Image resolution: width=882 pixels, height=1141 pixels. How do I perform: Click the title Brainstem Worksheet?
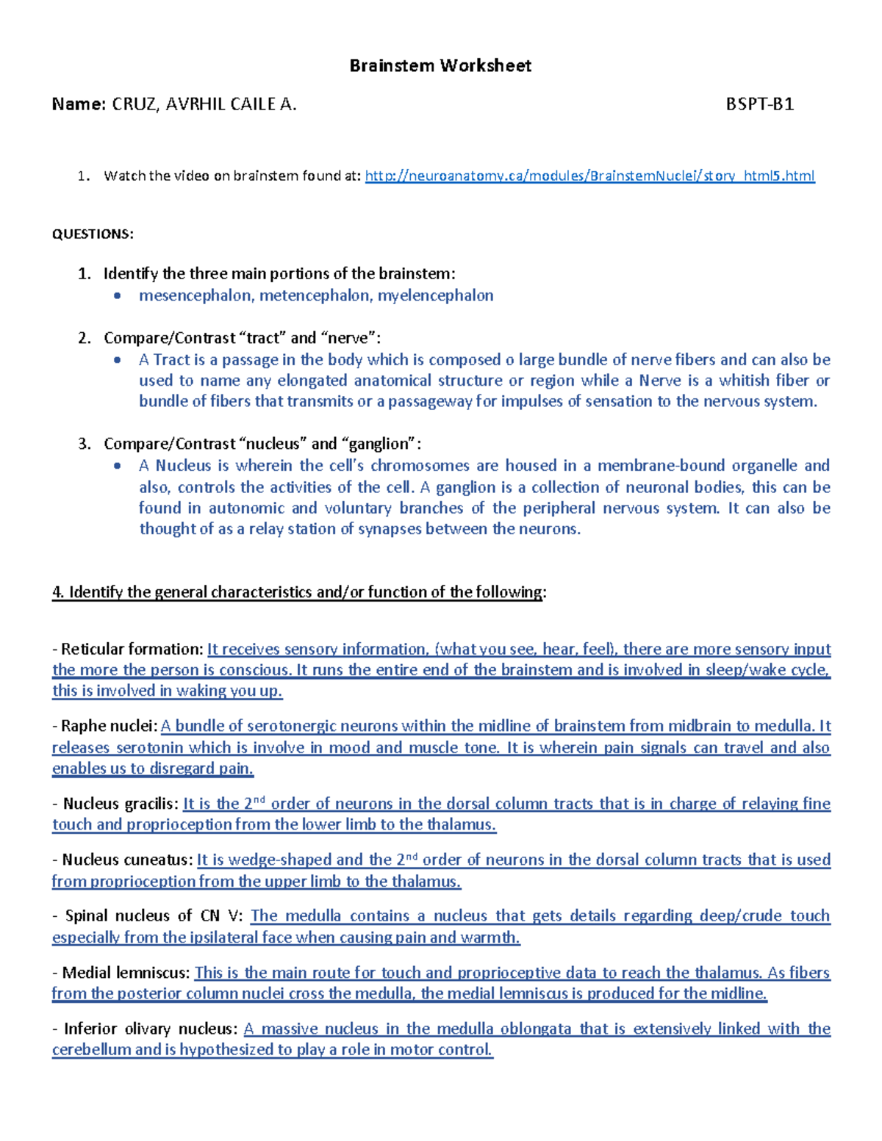point(440,66)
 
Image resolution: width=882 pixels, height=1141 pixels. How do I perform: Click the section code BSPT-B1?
point(759,104)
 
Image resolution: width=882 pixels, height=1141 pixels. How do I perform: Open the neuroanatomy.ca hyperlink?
point(589,176)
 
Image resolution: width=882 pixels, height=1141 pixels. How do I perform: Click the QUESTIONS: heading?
point(93,234)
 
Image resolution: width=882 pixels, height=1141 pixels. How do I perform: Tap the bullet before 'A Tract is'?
point(118,360)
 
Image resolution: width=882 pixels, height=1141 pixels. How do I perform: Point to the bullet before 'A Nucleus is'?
point(118,466)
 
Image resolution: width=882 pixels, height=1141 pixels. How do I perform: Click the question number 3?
point(84,444)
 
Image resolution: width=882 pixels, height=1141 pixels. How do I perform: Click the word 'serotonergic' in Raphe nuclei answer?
point(296,727)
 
